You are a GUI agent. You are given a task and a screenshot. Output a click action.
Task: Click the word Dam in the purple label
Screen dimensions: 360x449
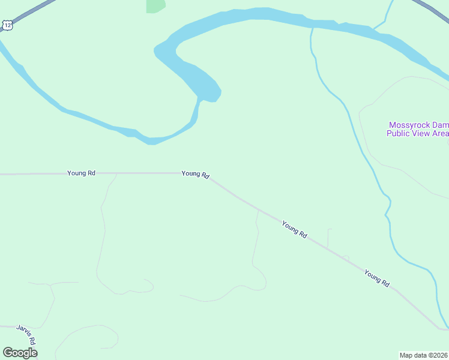tap(441, 125)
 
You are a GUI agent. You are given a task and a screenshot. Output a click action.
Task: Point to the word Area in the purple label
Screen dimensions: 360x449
tap(440, 133)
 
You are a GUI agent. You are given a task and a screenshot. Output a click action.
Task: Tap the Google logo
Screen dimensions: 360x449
tap(20, 353)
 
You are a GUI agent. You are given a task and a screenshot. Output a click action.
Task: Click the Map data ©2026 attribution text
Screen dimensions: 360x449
tap(424, 355)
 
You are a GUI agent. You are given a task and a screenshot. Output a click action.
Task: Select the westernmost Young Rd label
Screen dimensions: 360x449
tap(81, 173)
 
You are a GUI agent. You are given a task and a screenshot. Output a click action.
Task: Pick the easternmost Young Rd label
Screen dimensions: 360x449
tap(377, 278)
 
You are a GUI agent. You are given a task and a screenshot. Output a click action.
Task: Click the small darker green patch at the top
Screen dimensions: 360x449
tap(156, 5)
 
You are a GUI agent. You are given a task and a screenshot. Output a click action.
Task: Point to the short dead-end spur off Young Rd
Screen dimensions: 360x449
tap(329, 238)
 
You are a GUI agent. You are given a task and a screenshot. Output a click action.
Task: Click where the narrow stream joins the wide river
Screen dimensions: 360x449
tap(312, 27)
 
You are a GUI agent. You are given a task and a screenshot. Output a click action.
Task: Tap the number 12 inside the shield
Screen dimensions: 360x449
tap(7, 25)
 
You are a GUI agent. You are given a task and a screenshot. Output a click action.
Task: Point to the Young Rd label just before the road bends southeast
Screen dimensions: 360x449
tap(196, 174)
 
